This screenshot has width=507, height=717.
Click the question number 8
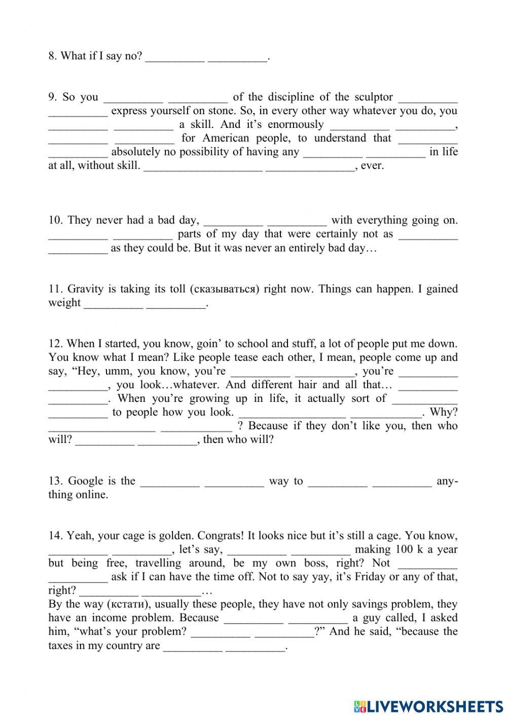pos(52,56)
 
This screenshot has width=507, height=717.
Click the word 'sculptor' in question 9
pos(373,97)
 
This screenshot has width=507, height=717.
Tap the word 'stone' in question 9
pos(207,111)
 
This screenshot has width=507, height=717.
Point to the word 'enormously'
pos(295,124)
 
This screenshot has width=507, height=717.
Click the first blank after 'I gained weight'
pos(113,303)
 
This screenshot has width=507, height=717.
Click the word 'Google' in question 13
pos(85,481)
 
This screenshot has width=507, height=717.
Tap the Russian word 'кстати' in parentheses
pos(119,604)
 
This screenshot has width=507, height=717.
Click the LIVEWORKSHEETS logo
pos(428,706)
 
